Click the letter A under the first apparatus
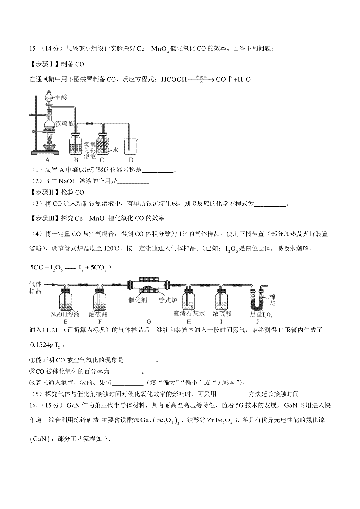click(x=47, y=160)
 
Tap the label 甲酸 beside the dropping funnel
click(x=61, y=98)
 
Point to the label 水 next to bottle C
click(x=115, y=150)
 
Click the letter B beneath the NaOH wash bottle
click(x=76, y=160)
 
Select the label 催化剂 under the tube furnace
click(x=138, y=300)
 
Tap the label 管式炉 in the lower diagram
click(x=168, y=300)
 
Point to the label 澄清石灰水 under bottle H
click(x=189, y=314)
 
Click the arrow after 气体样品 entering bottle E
click(x=50, y=284)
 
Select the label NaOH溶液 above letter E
click(x=65, y=314)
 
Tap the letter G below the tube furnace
click(x=149, y=322)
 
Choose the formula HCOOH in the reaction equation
click(x=174, y=79)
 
